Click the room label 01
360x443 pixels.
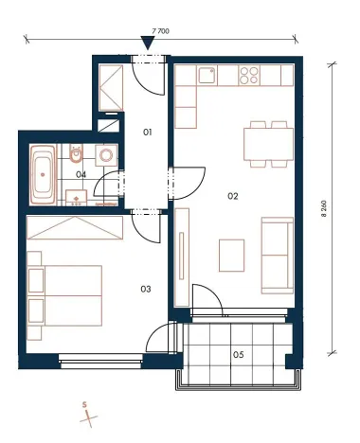147,133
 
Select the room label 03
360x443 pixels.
146,288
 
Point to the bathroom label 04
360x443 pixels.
81,174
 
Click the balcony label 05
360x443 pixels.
238,355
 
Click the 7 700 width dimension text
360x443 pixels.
159,31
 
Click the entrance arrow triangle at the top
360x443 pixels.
147,43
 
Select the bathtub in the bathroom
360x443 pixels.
43,173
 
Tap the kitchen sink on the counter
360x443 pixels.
206,75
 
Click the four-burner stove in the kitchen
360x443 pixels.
251,75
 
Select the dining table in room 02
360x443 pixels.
267,144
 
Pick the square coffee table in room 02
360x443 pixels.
232,254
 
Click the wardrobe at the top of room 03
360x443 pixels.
76,226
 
